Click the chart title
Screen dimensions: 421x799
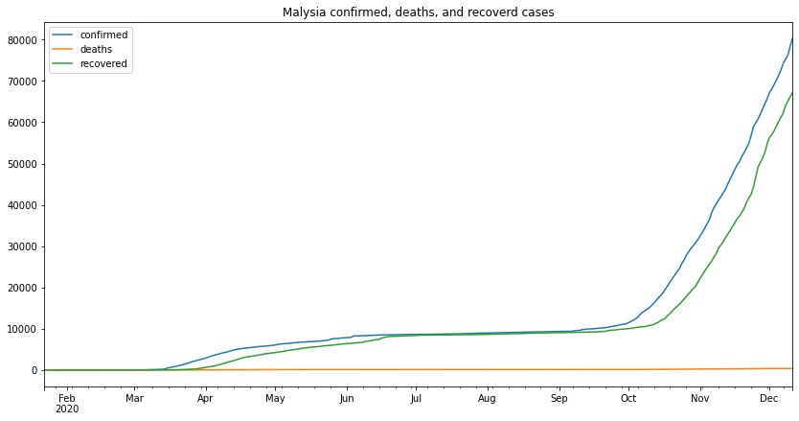418,12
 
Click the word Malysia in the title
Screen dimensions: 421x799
305,12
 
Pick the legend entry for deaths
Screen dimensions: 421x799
96,50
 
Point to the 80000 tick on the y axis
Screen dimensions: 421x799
21,40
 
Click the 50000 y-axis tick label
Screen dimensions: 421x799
21,164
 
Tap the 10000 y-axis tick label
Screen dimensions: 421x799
21,329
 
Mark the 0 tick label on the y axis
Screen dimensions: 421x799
34,370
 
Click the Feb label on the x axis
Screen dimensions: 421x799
66,398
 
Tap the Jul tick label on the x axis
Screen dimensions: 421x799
416,398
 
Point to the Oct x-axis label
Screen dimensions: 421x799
628,398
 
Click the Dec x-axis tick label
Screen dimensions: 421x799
768,398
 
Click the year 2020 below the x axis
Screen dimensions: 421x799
66,409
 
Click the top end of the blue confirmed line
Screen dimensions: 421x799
792,38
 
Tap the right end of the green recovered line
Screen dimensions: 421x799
792,93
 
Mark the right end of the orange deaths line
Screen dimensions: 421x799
792,368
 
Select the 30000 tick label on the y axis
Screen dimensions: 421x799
21,246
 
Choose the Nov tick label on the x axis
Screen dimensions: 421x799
699,398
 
